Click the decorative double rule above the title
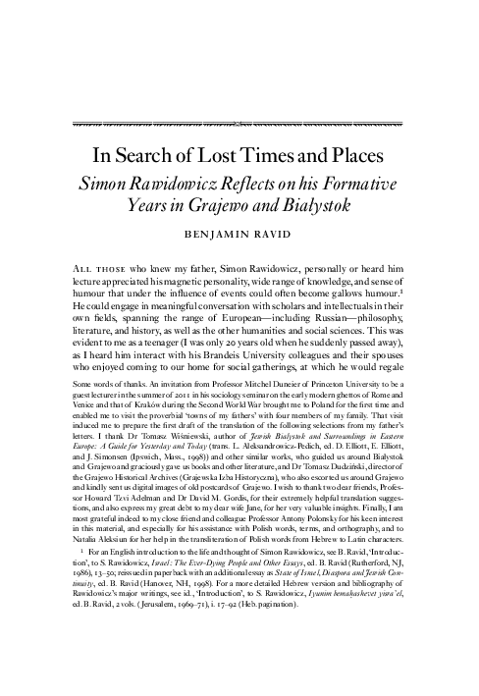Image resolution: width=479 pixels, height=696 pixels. point(239,125)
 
